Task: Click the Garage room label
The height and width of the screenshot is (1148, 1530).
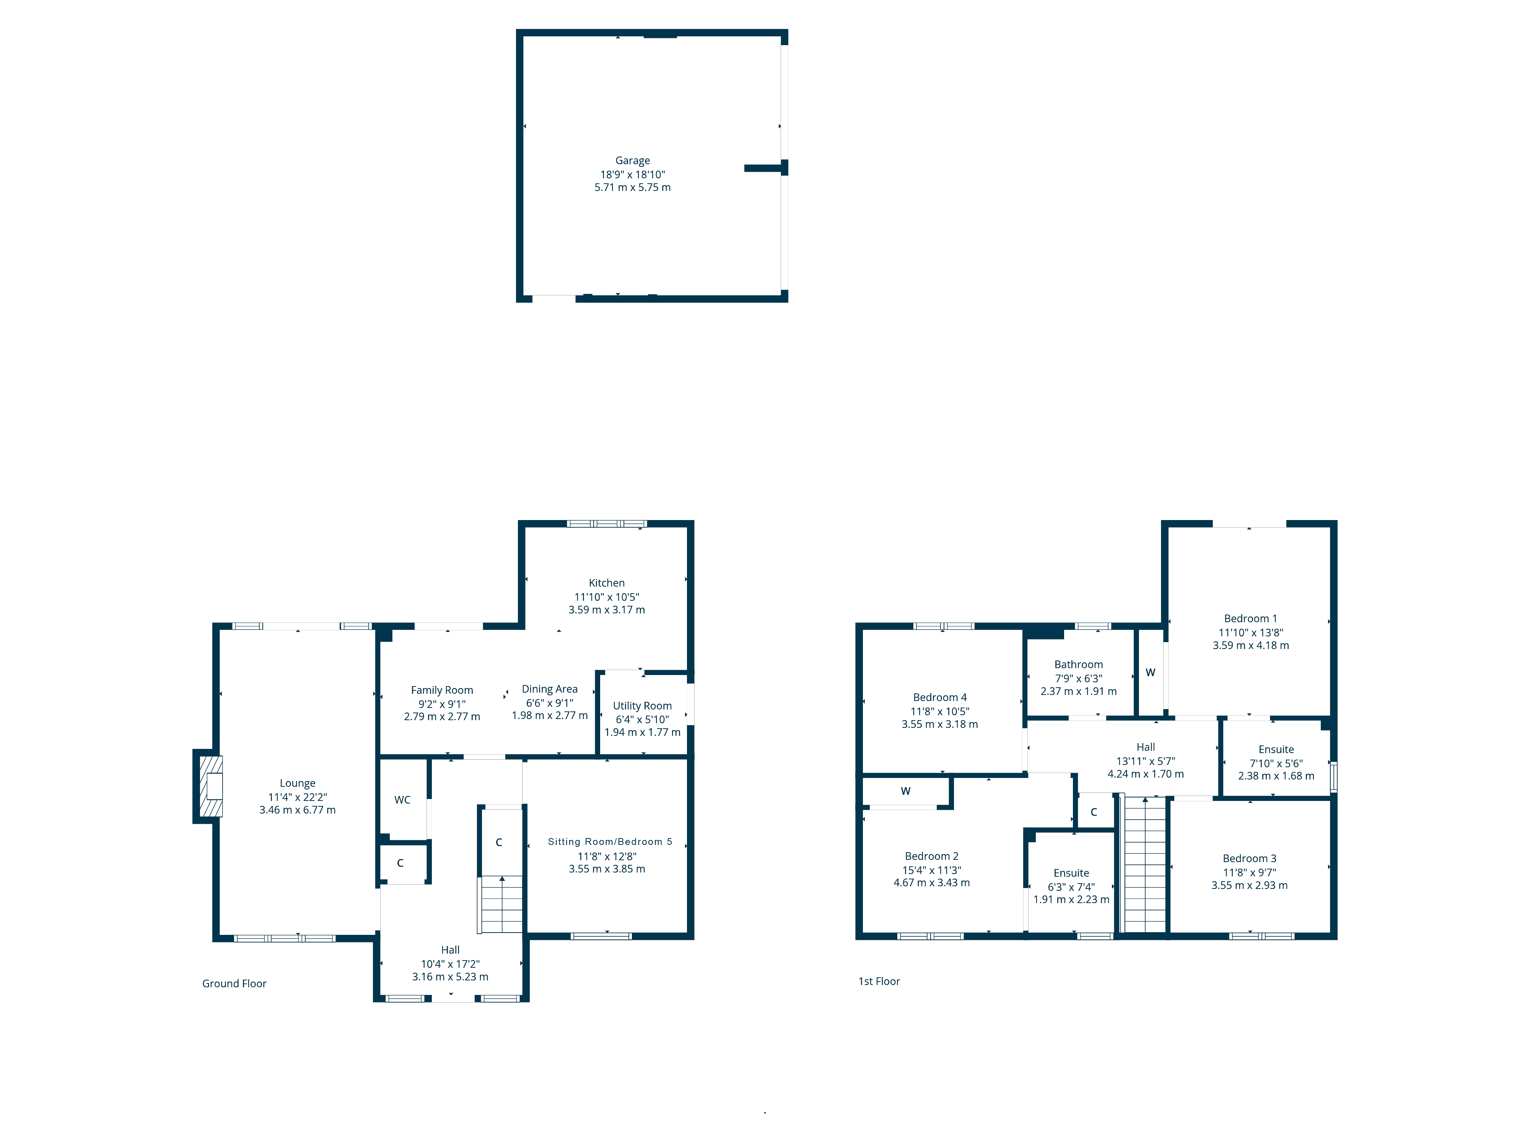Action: [x=632, y=161]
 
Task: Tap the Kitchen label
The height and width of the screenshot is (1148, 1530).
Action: [x=607, y=583]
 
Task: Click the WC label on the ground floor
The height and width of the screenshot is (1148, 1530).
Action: [x=402, y=800]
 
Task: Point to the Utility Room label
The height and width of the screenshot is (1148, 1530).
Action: [x=642, y=706]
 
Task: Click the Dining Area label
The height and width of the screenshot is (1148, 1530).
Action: [x=549, y=689]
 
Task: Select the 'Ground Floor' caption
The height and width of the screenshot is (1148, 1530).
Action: [x=234, y=984]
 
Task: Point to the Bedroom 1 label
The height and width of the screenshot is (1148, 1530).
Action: [x=1250, y=619]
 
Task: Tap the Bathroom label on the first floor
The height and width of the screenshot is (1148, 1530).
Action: [x=1078, y=664]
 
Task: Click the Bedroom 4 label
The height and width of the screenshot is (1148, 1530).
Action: [x=939, y=698]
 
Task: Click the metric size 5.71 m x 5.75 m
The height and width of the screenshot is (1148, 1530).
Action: [x=632, y=188]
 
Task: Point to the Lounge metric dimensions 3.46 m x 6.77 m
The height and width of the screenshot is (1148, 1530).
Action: [x=298, y=810]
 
